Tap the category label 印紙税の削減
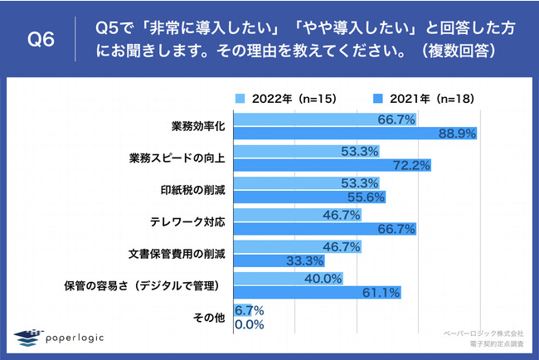[x=199, y=190]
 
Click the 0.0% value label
[x=250, y=325]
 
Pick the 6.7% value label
[x=250, y=311]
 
